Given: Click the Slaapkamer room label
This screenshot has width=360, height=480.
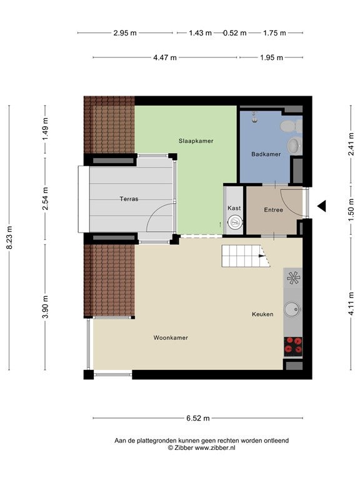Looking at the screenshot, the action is (196, 141).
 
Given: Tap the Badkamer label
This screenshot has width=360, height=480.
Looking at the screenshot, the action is (266, 154).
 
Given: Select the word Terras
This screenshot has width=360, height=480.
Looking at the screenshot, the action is (129, 199).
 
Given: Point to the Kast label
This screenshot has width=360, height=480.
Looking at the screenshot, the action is (234, 208).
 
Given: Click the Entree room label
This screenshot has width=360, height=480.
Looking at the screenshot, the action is (273, 210).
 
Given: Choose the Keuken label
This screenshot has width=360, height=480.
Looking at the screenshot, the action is (262, 314).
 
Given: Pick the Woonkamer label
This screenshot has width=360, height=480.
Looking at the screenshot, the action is (171, 338).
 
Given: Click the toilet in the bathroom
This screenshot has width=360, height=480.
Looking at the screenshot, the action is (291, 126).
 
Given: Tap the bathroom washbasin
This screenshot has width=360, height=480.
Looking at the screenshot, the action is (295, 145).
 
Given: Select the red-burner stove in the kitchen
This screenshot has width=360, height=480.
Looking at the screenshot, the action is (293, 346).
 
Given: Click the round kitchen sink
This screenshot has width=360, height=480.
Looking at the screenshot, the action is (292, 309).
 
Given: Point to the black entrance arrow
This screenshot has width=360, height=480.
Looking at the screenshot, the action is (321, 206).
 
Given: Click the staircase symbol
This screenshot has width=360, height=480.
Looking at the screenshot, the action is (246, 256).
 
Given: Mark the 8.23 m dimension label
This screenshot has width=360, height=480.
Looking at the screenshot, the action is (10, 237).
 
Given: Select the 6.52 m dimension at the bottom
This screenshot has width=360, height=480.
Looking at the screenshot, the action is (198, 418).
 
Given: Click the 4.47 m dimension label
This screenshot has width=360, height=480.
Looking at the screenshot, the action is (165, 57).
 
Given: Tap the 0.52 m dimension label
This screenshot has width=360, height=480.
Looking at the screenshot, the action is (235, 33).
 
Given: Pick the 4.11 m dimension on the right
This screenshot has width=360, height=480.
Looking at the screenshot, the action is (351, 303).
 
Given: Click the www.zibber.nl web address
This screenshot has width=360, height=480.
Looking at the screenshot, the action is (215, 447).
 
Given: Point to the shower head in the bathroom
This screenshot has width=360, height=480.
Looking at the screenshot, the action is (254, 117).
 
